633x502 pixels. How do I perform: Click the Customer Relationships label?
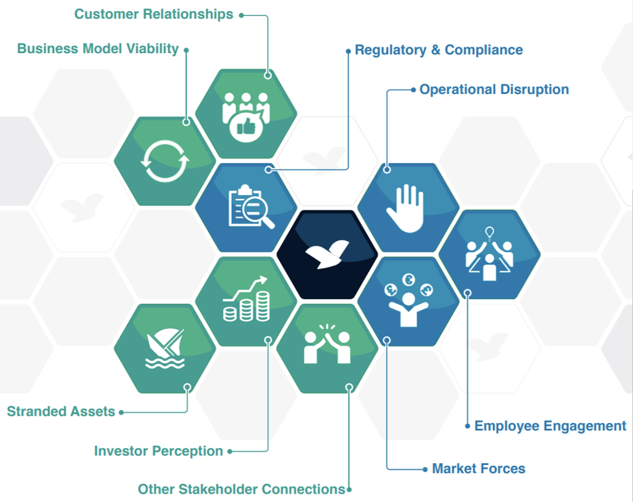pos(154,14)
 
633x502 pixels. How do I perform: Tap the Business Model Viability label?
pos(98,49)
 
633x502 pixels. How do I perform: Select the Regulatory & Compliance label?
pos(439,50)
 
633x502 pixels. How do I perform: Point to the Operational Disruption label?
pos(494,89)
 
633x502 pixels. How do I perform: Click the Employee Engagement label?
pos(550,426)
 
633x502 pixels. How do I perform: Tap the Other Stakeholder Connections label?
pos(241,489)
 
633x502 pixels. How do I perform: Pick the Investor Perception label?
pos(159,451)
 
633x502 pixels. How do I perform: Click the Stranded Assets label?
pos(61,411)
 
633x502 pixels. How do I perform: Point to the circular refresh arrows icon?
pos(165,161)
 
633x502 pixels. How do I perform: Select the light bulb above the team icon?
pos(489,233)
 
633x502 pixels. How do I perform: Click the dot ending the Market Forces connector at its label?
pos(425,468)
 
